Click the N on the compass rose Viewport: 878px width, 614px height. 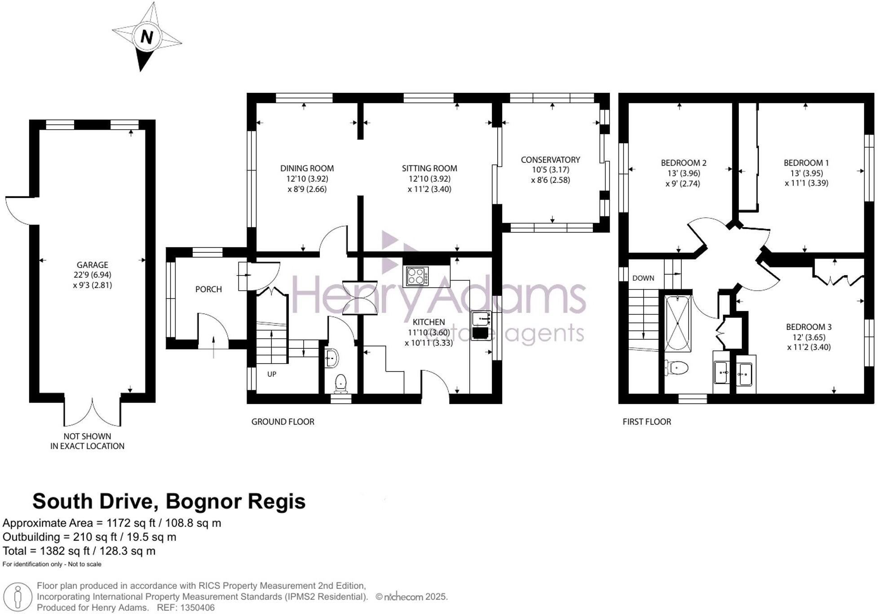click(x=146, y=37)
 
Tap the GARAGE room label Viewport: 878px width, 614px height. click(x=92, y=265)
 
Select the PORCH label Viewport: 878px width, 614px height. click(x=208, y=289)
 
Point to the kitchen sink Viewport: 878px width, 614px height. click(x=481, y=319)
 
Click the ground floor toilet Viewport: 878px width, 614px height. click(x=341, y=383)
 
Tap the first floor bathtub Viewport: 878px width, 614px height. click(x=678, y=323)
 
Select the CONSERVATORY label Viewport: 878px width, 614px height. click(x=550, y=160)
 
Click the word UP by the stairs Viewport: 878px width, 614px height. click(x=272, y=374)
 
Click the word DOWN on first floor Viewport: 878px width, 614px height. click(x=643, y=278)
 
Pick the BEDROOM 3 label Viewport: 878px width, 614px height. click(x=808, y=327)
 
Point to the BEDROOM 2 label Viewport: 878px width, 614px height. click(x=684, y=163)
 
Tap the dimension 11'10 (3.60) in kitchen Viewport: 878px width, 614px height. click(x=428, y=333)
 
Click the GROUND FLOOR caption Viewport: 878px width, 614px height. click(x=282, y=421)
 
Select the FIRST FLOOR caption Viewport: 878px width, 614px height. click(x=646, y=421)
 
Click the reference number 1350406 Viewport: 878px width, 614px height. click(x=197, y=608)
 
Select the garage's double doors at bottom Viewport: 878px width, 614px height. click(x=93, y=412)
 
